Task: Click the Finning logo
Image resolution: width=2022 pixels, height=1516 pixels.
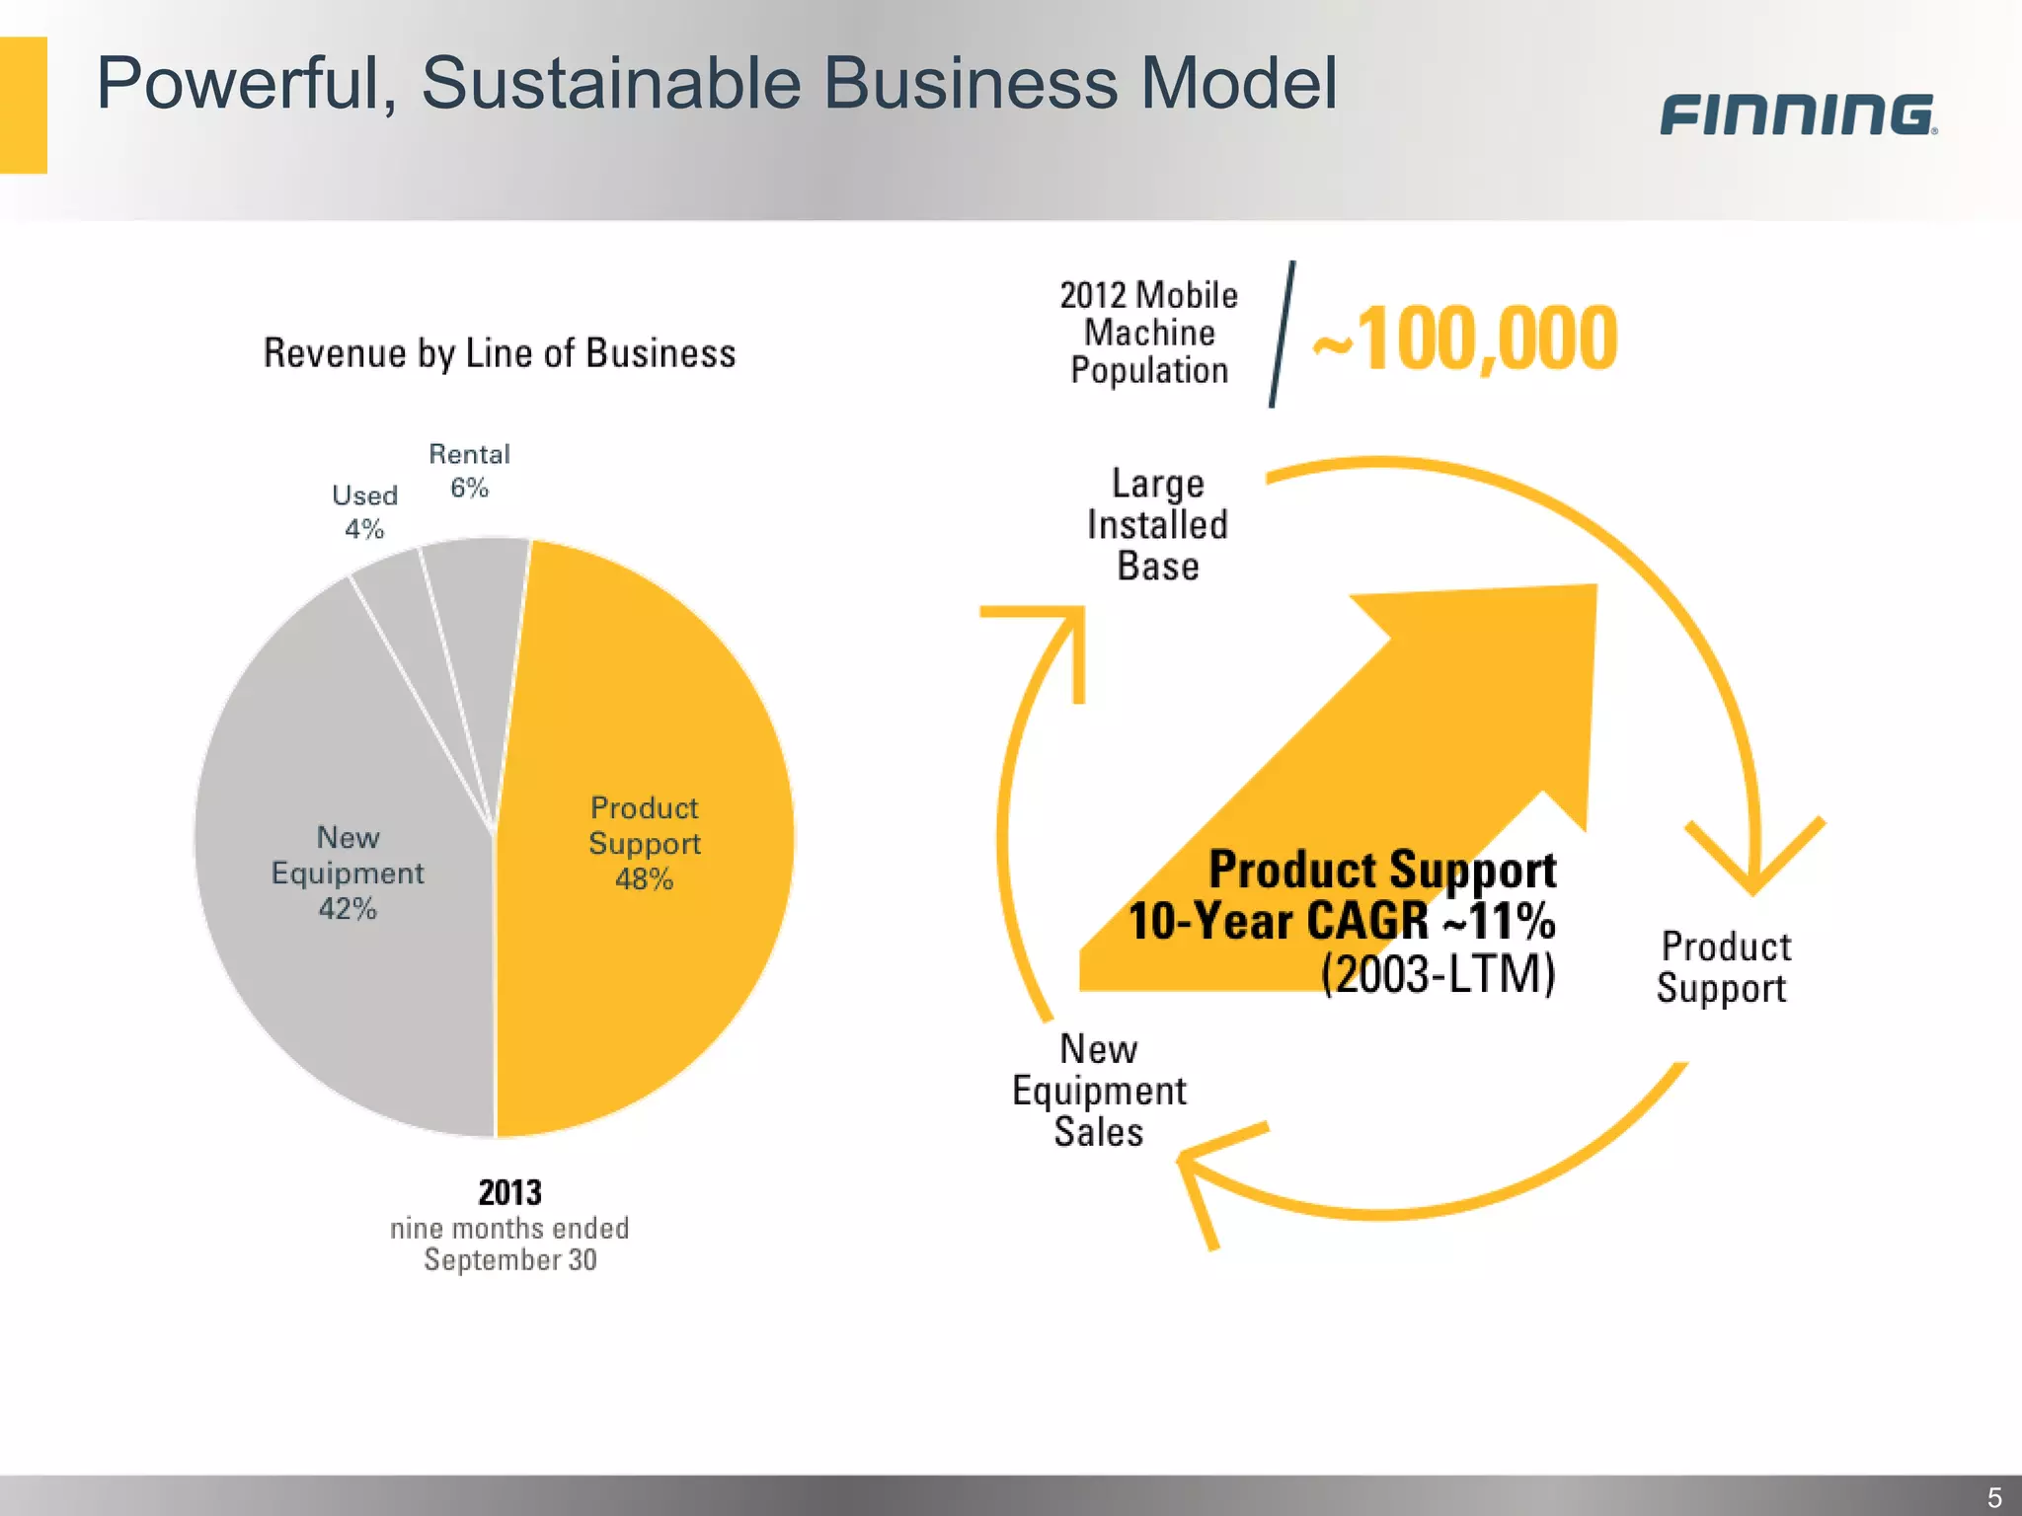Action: [1797, 114]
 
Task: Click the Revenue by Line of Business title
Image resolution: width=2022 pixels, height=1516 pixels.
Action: [500, 353]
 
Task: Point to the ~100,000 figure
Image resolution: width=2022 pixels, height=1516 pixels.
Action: [1465, 339]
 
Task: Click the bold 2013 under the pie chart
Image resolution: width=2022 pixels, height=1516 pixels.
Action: [509, 1192]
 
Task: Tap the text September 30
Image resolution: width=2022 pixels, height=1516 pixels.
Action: [509, 1260]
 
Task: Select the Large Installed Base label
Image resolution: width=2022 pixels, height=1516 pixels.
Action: [1157, 525]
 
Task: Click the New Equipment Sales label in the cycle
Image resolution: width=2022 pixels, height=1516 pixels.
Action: [1099, 1091]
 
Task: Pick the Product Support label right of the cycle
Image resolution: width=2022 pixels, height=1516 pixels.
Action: [1724, 967]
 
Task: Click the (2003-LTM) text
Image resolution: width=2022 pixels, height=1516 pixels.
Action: [1438, 974]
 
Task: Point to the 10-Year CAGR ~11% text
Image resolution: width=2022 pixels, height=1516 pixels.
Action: [1341, 921]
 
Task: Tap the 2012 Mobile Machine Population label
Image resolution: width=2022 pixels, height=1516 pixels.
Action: [1148, 333]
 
